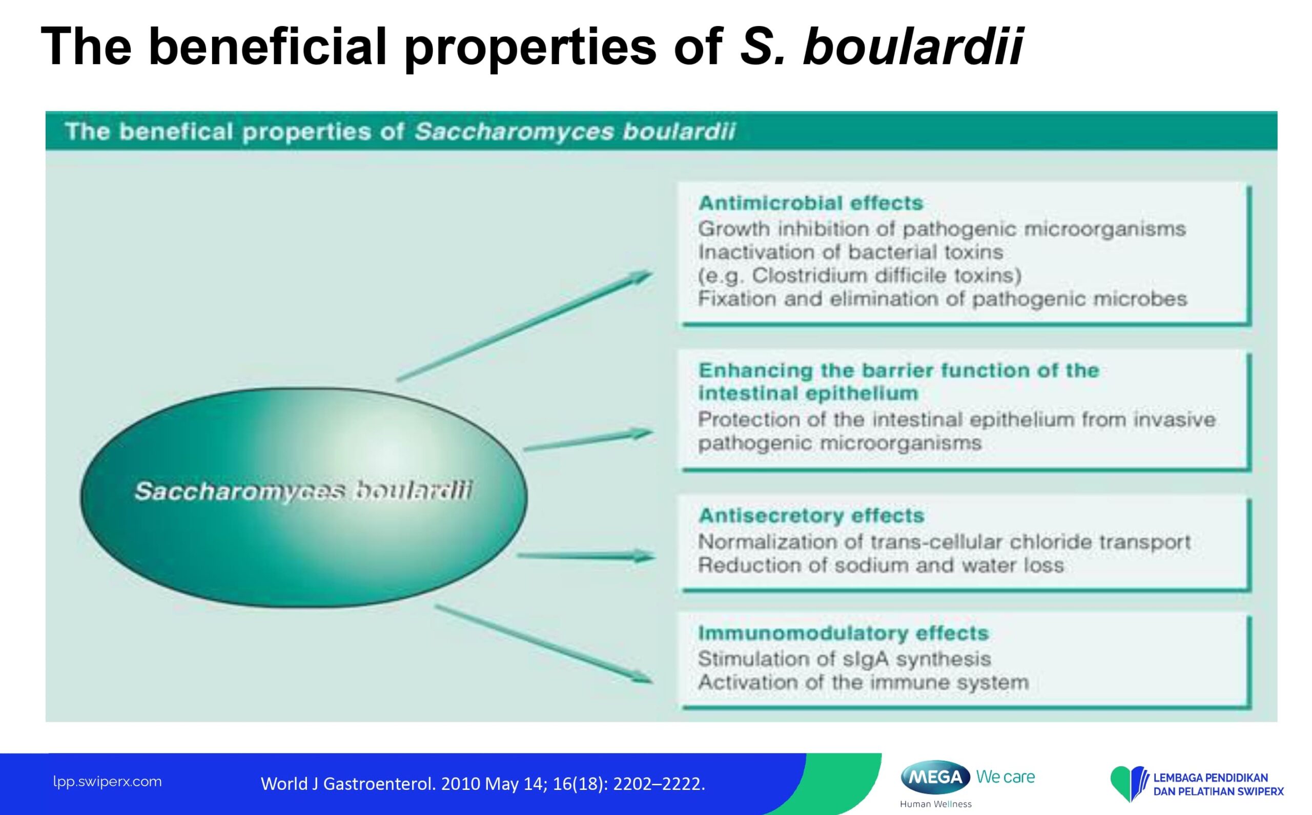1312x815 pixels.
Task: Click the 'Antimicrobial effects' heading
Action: coord(810,203)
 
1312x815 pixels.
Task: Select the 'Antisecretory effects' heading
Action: coord(811,516)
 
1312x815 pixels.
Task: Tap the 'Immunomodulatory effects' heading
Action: coord(844,633)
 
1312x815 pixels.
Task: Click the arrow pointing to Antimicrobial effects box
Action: coord(524,326)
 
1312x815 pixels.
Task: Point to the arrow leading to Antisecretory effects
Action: coord(586,556)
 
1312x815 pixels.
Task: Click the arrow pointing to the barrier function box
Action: coord(588,440)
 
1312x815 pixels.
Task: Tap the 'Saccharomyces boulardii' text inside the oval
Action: coord(303,491)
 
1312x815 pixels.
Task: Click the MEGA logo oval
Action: coord(935,777)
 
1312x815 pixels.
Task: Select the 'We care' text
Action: coord(1005,777)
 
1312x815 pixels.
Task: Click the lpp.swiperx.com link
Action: coord(107,782)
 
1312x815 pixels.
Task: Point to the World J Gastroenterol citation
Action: coord(483,784)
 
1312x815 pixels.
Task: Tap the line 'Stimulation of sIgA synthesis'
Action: coord(845,659)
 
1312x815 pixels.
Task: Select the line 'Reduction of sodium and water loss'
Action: coord(880,566)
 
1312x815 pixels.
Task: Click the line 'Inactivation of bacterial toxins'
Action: coord(850,252)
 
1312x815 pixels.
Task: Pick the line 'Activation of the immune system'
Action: coord(864,682)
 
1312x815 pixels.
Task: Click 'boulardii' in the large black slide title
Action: coord(913,47)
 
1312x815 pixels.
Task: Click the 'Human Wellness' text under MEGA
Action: coord(936,804)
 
